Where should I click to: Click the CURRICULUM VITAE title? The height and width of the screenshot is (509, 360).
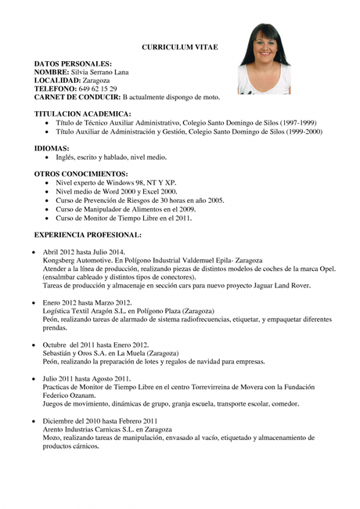click(179, 48)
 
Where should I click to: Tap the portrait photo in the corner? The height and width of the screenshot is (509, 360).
click(264, 59)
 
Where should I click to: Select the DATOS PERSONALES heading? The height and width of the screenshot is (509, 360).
click(73, 63)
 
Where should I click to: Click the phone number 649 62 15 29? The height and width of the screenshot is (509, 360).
click(97, 88)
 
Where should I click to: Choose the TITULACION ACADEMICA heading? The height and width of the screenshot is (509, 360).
click(82, 114)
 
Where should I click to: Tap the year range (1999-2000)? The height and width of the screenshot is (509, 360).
click(302, 132)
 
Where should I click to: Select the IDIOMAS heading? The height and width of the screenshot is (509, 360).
click(52, 148)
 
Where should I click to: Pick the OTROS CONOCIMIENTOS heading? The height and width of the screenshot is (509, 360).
click(81, 174)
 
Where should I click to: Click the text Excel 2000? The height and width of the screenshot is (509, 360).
click(160, 191)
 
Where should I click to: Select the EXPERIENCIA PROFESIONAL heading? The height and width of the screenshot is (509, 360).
click(88, 234)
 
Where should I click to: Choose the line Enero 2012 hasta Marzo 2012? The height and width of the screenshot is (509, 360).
click(87, 302)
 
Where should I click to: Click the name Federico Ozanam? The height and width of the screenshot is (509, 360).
click(69, 395)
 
